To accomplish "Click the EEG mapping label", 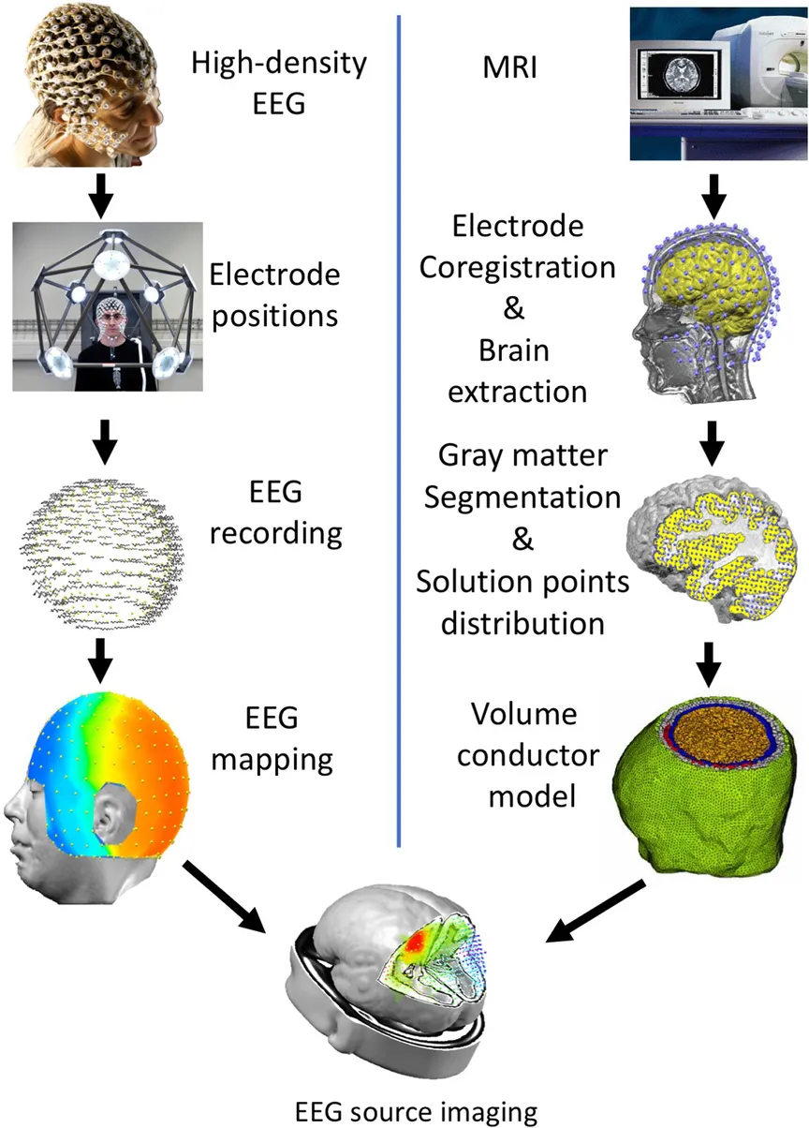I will tap(272, 737).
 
